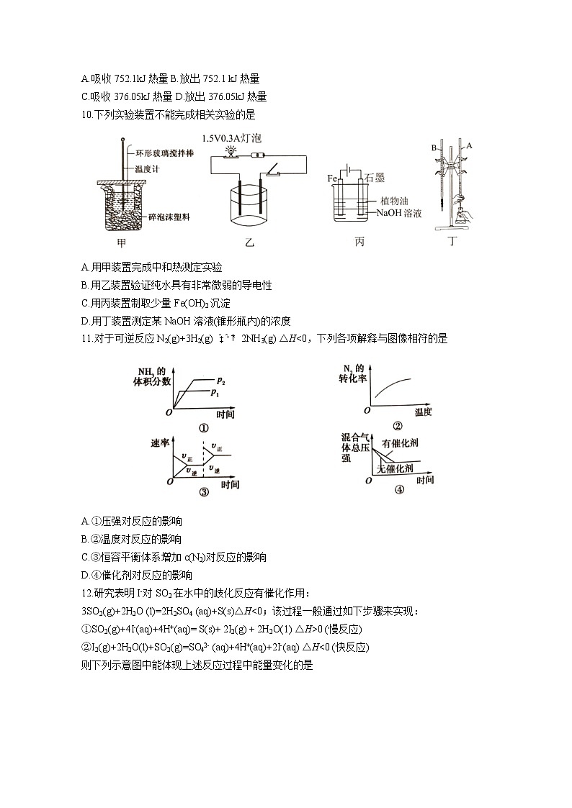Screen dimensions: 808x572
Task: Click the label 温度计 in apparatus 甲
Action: click(147, 170)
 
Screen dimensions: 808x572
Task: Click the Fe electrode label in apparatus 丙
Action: click(332, 178)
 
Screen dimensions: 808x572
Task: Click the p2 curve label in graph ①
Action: click(220, 379)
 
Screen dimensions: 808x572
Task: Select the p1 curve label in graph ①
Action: click(214, 392)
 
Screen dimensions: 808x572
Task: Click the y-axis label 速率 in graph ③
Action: click(159, 442)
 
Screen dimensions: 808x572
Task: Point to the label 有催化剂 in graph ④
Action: click(401, 443)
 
